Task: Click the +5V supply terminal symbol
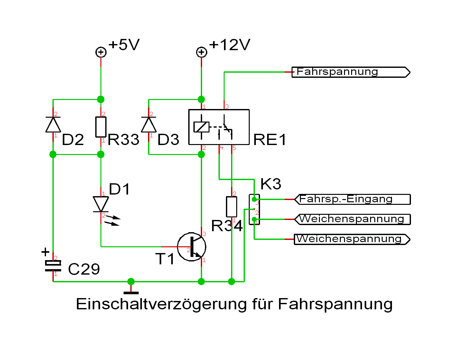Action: [x=101, y=52]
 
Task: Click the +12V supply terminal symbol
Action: [x=201, y=52]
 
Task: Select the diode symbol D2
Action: [x=53, y=125]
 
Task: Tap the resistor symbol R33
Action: [x=101, y=127]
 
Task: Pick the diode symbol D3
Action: [x=149, y=125]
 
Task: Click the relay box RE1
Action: [x=219, y=127]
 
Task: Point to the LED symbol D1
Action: [x=101, y=204]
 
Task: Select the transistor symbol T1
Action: [x=192, y=247]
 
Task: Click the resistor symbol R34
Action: [x=231, y=207]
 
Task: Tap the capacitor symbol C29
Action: [x=53, y=266]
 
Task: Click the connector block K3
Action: [x=254, y=209]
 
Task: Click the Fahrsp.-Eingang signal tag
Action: [x=352, y=199]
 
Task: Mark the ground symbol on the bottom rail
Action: [x=131, y=292]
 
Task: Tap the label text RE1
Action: [x=270, y=140]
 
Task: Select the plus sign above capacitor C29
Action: [x=46, y=252]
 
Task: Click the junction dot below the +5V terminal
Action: [x=101, y=99]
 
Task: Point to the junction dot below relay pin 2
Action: [x=201, y=155]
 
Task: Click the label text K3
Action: [x=271, y=184]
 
